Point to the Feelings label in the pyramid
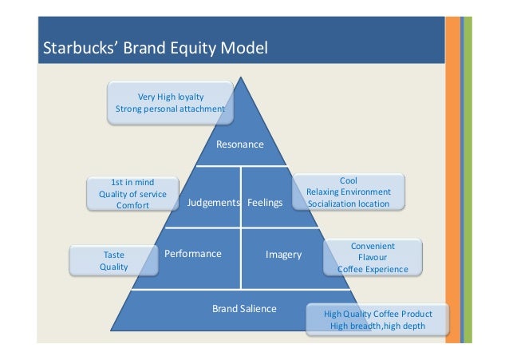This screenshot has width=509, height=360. point(265,203)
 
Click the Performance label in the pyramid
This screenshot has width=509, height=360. point(192,254)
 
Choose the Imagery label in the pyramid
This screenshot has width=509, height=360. point(283,255)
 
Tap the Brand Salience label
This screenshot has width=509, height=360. point(244,308)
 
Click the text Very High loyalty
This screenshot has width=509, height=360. point(171,97)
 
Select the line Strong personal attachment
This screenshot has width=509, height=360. point(171,109)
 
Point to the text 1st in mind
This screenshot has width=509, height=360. point(132,182)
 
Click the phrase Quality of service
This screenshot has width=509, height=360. point(132,194)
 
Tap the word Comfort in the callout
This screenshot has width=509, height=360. point(132,206)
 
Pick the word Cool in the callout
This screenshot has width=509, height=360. point(349,180)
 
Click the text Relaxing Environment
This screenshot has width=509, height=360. point(349,192)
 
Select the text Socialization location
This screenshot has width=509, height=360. point(349,204)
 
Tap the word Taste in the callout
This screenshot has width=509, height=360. point(113,255)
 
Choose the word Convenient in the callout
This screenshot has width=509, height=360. point(373,246)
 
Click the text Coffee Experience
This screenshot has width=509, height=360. point(373,270)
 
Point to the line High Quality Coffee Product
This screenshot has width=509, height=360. point(377,314)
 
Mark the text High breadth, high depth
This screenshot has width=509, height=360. point(377,326)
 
